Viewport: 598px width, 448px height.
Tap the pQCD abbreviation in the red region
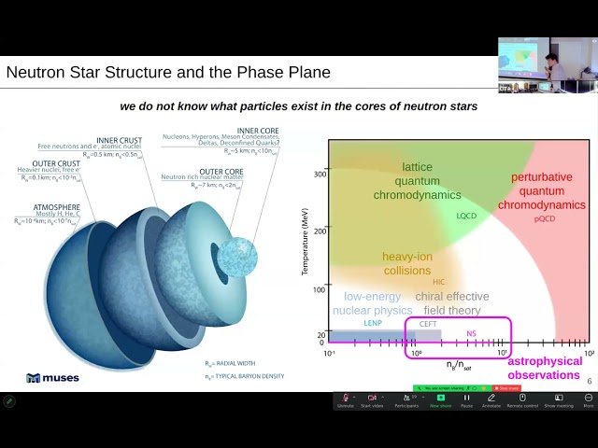544,218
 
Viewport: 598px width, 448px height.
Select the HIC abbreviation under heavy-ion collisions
439,281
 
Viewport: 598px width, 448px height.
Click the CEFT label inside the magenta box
428,323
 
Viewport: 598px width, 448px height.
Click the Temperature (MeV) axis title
306,243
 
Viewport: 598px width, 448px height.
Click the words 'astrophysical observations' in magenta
545,368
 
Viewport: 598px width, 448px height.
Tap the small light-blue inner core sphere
238,256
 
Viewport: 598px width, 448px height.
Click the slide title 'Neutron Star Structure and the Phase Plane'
168,72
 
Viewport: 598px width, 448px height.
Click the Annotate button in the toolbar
491,400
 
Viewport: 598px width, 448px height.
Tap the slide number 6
589,381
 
